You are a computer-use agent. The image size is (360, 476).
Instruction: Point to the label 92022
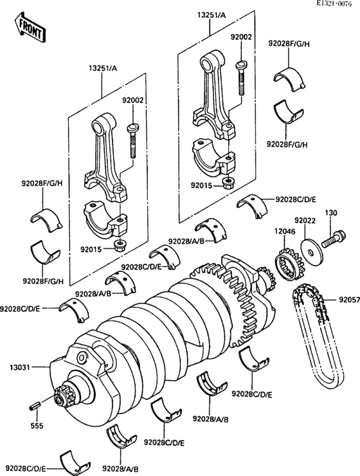(305, 221)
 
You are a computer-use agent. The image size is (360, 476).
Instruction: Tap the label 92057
(347, 300)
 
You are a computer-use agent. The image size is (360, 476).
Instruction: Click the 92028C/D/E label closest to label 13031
(21, 309)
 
